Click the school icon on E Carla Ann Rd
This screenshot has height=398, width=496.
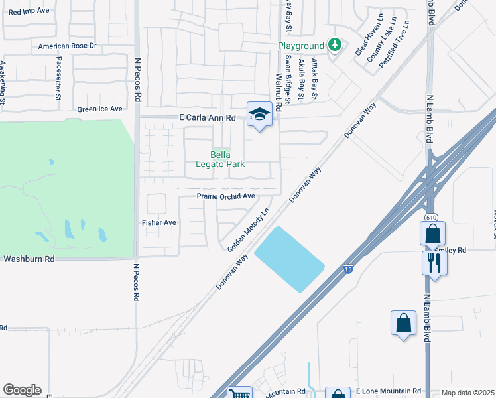pyautogui.click(x=259, y=114)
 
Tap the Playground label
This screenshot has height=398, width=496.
pyautogui.click(x=301, y=46)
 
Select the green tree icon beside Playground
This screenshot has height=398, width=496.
pyautogui.click(x=336, y=45)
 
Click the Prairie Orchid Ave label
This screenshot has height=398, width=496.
pyautogui.click(x=225, y=196)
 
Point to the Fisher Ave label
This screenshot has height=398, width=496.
pyautogui.click(x=159, y=223)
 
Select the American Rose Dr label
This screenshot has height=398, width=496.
pyautogui.click(x=68, y=46)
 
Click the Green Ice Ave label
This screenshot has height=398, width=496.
pyautogui.click(x=100, y=109)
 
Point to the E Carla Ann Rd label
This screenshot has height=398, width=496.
pyautogui.click(x=208, y=117)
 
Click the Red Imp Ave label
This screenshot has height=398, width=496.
pyautogui.click(x=29, y=11)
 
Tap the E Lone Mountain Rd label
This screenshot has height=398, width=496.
pyautogui.click(x=389, y=391)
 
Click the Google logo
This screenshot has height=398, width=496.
pyautogui.click(x=22, y=390)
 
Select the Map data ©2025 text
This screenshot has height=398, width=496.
pyautogui.click(x=467, y=393)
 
